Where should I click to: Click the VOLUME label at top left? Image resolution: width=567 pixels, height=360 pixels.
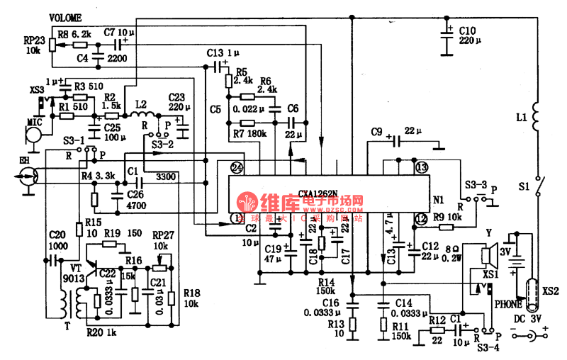(x=65, y=17)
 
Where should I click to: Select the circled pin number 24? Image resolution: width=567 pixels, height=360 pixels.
(x=237, y=168)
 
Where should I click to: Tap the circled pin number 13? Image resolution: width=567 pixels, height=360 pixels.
(x=421, y=168)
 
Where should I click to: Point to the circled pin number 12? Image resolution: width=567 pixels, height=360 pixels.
(x=421, y=220)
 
